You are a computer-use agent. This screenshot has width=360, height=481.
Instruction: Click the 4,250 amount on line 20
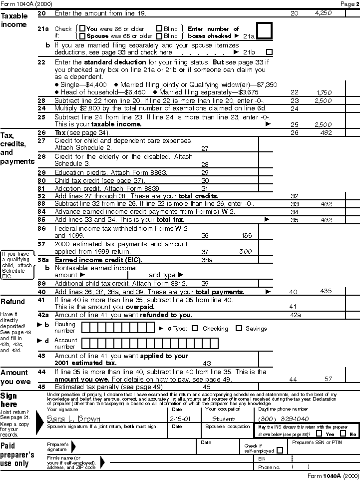click(323, 13)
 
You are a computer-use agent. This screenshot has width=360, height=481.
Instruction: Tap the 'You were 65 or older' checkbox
click(82, 29)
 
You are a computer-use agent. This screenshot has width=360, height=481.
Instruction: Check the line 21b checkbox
click(270, 52)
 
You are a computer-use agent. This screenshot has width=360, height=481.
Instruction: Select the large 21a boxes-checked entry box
click(264, 31)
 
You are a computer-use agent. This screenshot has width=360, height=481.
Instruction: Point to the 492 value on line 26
click(326, 133)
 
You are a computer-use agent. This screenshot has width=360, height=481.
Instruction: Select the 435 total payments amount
click(326, 292)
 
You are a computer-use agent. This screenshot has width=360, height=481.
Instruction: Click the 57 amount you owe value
click(328, 379)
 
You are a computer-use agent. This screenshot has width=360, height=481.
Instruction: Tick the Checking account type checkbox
click(195, 329)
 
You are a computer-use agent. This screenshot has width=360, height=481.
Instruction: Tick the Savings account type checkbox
click(239, 329)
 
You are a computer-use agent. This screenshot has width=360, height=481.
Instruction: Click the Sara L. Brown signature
click(73, 419)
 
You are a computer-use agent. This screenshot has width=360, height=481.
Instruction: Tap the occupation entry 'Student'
click(223, 419)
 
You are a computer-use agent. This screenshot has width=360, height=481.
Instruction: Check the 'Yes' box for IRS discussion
click(319, 434)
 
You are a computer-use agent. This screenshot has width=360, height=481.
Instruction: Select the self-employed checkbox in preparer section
click(279, 450)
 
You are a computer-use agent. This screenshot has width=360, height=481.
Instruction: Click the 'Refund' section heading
click(13, 302)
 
